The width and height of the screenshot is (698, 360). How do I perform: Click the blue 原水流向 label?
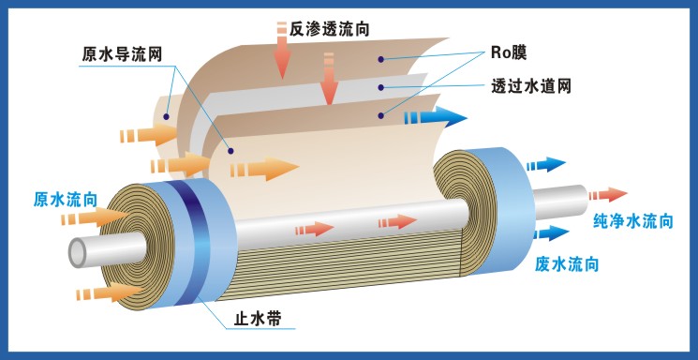coord(66,199)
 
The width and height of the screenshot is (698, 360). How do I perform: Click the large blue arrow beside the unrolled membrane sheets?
coord(436,117)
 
